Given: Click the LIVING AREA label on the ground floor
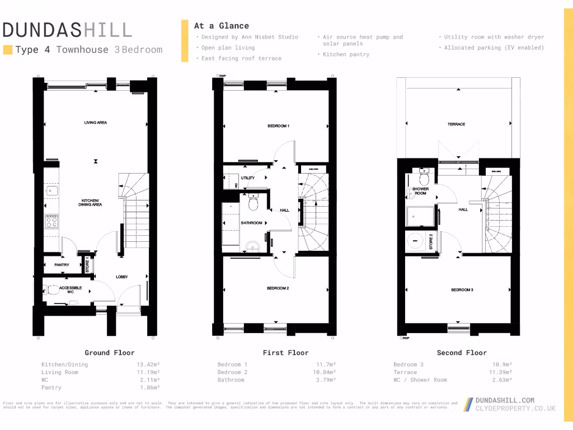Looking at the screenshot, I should tap(96, 123).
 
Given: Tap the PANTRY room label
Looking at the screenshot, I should tap(62, 265).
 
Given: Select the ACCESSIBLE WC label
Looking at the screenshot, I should tap(71, 289).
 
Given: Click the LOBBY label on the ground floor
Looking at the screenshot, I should tap(122, 277).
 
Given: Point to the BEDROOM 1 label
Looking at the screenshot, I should tap(278, 126).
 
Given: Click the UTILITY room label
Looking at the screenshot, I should tap(247, 178).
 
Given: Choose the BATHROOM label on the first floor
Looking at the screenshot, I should tap(251, 223).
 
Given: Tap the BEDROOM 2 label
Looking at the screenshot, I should tap(278, 288).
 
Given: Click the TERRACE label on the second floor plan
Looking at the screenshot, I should tap(456, 124).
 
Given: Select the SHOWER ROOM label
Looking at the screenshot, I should tap(420, 191).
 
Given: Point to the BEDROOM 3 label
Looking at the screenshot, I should tap(462, 290).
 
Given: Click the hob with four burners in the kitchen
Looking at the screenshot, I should tap(51, 222).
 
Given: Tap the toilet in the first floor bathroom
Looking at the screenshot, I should tap(253, 203).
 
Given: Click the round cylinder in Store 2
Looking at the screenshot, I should tap(416, 239).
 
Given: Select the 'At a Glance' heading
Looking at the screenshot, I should tap(222, 26).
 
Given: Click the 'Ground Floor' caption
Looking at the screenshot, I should tap(110, 353).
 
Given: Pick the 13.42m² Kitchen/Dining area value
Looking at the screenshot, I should tap(148, 364).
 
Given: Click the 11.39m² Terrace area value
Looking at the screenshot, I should tap(500, 372).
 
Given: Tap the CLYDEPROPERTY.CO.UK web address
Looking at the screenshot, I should tap(515, 409).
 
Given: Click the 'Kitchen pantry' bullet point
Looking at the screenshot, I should tap(346, 55).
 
